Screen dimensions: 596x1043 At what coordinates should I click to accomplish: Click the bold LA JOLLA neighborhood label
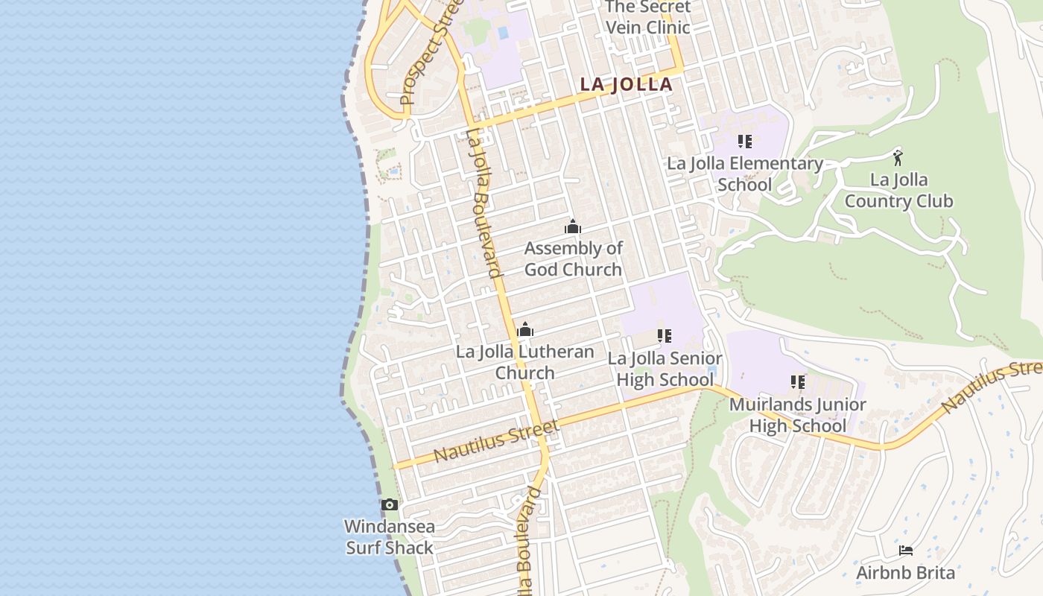click(626, 84)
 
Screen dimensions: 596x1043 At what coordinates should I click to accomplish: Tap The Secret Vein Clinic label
click(647, 17)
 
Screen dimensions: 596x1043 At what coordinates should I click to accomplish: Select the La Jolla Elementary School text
click(744, 174)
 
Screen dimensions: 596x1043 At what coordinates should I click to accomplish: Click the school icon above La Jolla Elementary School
click(744, 141)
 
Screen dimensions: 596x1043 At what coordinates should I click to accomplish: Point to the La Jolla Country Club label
click(898, 190)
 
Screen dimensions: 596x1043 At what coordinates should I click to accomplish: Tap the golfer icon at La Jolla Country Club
click(898, 157)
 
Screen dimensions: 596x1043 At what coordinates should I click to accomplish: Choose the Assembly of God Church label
click(573, 259)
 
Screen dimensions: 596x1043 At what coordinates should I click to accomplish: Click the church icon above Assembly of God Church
click(572, 226)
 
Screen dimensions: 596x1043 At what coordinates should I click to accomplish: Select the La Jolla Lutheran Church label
click(525, 362)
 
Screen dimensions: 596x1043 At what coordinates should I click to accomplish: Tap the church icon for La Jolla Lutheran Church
click(525, 329)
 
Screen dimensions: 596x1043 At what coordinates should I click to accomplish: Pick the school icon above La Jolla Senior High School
click(665, 336)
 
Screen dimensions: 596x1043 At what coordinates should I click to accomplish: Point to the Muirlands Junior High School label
click(797, 415)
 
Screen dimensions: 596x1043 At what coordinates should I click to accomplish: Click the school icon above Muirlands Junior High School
click(798, 382)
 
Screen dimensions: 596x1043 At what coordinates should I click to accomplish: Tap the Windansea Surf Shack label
click(389, 536)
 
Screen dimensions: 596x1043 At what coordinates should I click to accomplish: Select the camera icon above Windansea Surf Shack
click(389, 505)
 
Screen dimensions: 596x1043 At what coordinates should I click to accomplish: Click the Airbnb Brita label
click(905, 573)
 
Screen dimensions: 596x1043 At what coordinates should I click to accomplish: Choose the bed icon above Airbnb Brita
click(906, 551)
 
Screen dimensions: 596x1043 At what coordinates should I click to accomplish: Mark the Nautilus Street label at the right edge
click(991, 387)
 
